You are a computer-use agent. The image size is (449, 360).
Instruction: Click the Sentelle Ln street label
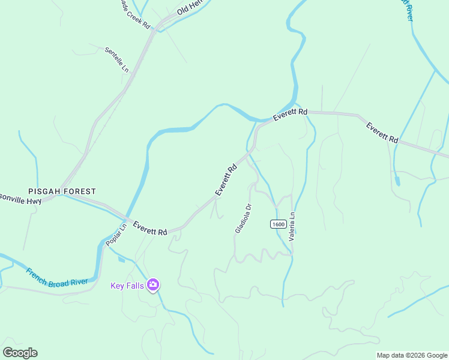[x=117, y=59]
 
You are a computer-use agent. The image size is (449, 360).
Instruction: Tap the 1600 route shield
[x=277, y=224]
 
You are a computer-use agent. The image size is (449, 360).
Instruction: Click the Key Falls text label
[x=127, y=286]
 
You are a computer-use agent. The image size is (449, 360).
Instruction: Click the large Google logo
[x=20, y=353]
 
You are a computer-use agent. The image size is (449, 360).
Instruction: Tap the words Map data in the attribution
[x=391, y=355]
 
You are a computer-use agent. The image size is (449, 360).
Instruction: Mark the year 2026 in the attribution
[x=418, y=355]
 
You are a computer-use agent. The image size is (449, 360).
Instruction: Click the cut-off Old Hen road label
[x=191, y=8]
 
